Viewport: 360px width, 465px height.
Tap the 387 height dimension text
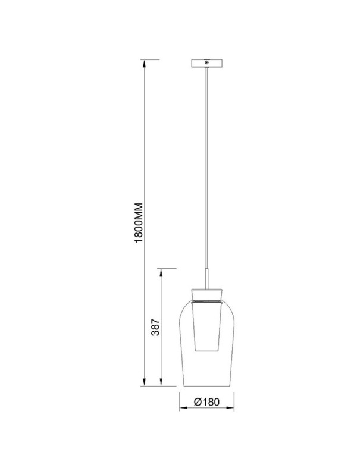click(x=155, y=327)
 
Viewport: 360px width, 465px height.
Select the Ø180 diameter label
click(x=206, y=402)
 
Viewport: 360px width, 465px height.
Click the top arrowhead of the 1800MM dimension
click(x=144, y=64)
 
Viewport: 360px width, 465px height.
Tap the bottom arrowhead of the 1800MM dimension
click(x=144, y=382)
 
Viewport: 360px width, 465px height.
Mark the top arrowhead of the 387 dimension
click(x=161, y=273)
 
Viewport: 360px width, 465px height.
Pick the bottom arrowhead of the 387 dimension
click(x=161, y=382)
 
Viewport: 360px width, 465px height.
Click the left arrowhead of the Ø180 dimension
click(x=183, y=409)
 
